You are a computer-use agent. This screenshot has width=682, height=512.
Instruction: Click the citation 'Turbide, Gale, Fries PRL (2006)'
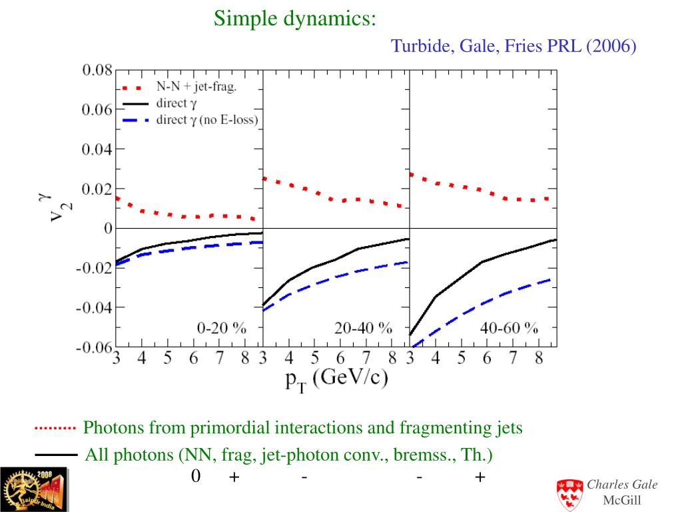pos(513,46)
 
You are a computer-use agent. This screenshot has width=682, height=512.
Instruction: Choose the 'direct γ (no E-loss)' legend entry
pos(207,120)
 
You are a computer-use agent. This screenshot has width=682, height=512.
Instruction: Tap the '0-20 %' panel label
pos(221,328)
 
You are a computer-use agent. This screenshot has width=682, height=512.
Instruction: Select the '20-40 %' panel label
pos(364,328)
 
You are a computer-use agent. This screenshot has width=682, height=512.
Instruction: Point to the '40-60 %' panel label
pos(509,328)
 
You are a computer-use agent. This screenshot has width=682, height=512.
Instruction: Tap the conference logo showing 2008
pos(34,489)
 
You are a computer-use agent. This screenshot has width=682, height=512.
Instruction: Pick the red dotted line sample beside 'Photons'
pos(56,427)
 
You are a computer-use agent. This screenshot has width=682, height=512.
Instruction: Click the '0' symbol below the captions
pos(196,476)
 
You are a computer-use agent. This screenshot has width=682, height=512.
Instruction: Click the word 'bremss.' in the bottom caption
pos(420,456)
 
